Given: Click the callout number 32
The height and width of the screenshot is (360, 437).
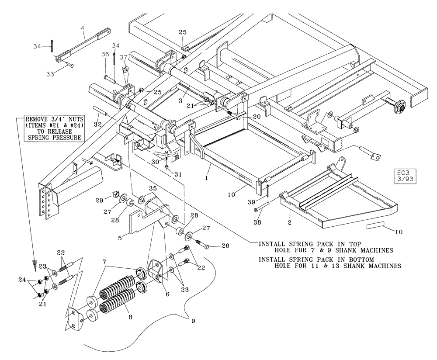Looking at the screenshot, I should [x=97, y=125].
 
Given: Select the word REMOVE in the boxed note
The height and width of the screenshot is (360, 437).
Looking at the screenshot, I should [x=37, y=119].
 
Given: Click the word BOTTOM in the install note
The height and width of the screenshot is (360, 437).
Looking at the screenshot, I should [x=361, y=260].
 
